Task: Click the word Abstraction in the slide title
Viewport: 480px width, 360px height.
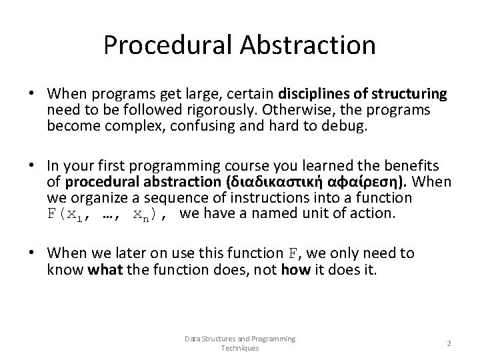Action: coord(309,45)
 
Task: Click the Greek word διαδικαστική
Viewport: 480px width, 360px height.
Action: coord(267,183)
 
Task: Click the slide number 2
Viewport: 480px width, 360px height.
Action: coord(449,343)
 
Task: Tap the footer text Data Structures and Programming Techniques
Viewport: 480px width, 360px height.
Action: coord(240,343)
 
